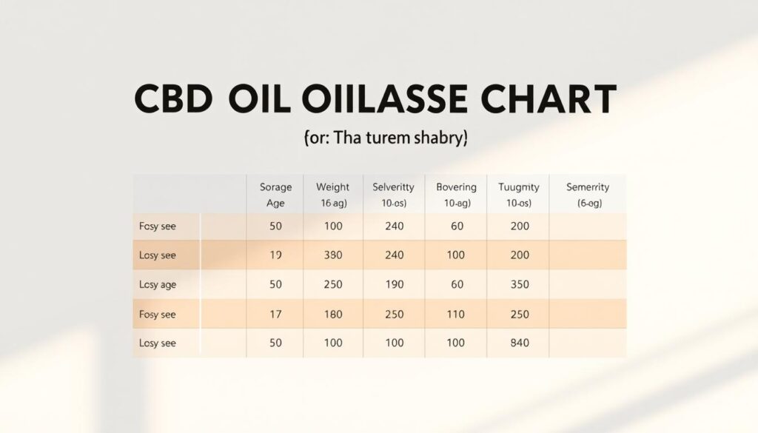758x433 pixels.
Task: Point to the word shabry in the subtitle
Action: click(435, 138)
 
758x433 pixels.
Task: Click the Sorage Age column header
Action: click(275, 195)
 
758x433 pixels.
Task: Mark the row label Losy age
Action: click(157, 284)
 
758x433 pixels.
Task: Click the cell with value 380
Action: click(332, 255)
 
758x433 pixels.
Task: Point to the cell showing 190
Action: click(394, 284)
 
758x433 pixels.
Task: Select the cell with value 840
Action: click(520, 343)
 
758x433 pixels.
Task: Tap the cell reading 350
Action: click(520, 284)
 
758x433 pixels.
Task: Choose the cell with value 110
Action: click(457, 315)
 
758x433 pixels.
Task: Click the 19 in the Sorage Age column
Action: click(275, 255)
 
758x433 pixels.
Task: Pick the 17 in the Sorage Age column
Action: click(275, 315)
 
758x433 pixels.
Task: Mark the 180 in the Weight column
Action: click(332, 315)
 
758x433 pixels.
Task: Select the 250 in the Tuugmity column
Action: click(520, 315)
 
